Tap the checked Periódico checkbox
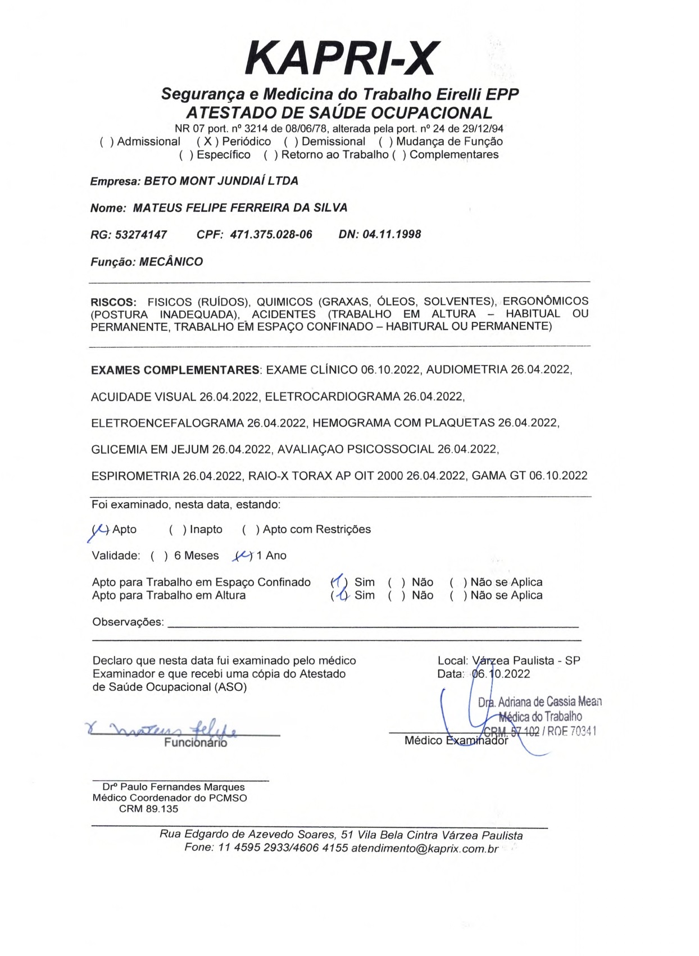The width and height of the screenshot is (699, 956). pos(207,142)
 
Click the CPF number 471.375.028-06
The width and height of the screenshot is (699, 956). pos(271,235)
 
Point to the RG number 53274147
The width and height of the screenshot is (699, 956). pos(141,235)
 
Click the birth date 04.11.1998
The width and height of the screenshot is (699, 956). pos(392,234)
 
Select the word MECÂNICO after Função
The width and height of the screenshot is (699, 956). pos(171,262)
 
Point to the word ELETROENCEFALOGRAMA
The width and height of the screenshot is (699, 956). pos(167,423)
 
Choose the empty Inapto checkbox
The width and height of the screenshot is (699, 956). pos(177,530)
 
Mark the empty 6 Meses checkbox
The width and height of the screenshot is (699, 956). pos(159,556)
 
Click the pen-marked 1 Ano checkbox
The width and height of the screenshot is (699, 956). pos(243,556)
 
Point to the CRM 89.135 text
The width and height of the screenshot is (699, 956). pos(148,809)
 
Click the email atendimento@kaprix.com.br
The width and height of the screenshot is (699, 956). pos(425,848)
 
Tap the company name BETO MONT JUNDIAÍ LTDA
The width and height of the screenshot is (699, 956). pos(221,181)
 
